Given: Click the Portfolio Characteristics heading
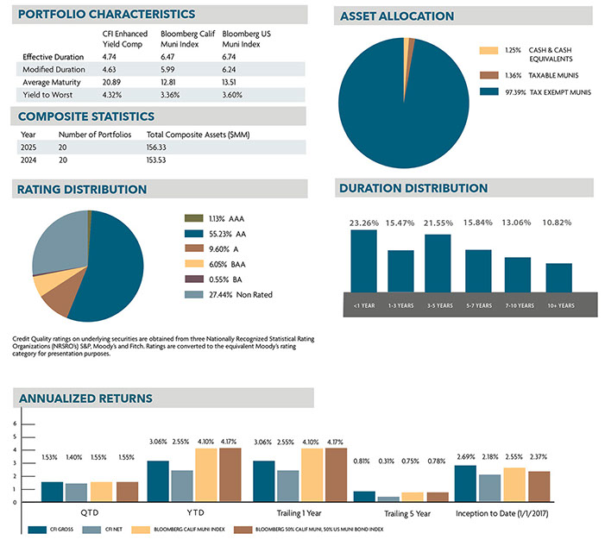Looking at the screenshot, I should coord(106,15).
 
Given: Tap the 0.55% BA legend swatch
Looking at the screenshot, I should coord(192,279).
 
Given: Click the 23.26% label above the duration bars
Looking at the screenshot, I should coord(363,223).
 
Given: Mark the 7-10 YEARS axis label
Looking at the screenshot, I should coord(517,305).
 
